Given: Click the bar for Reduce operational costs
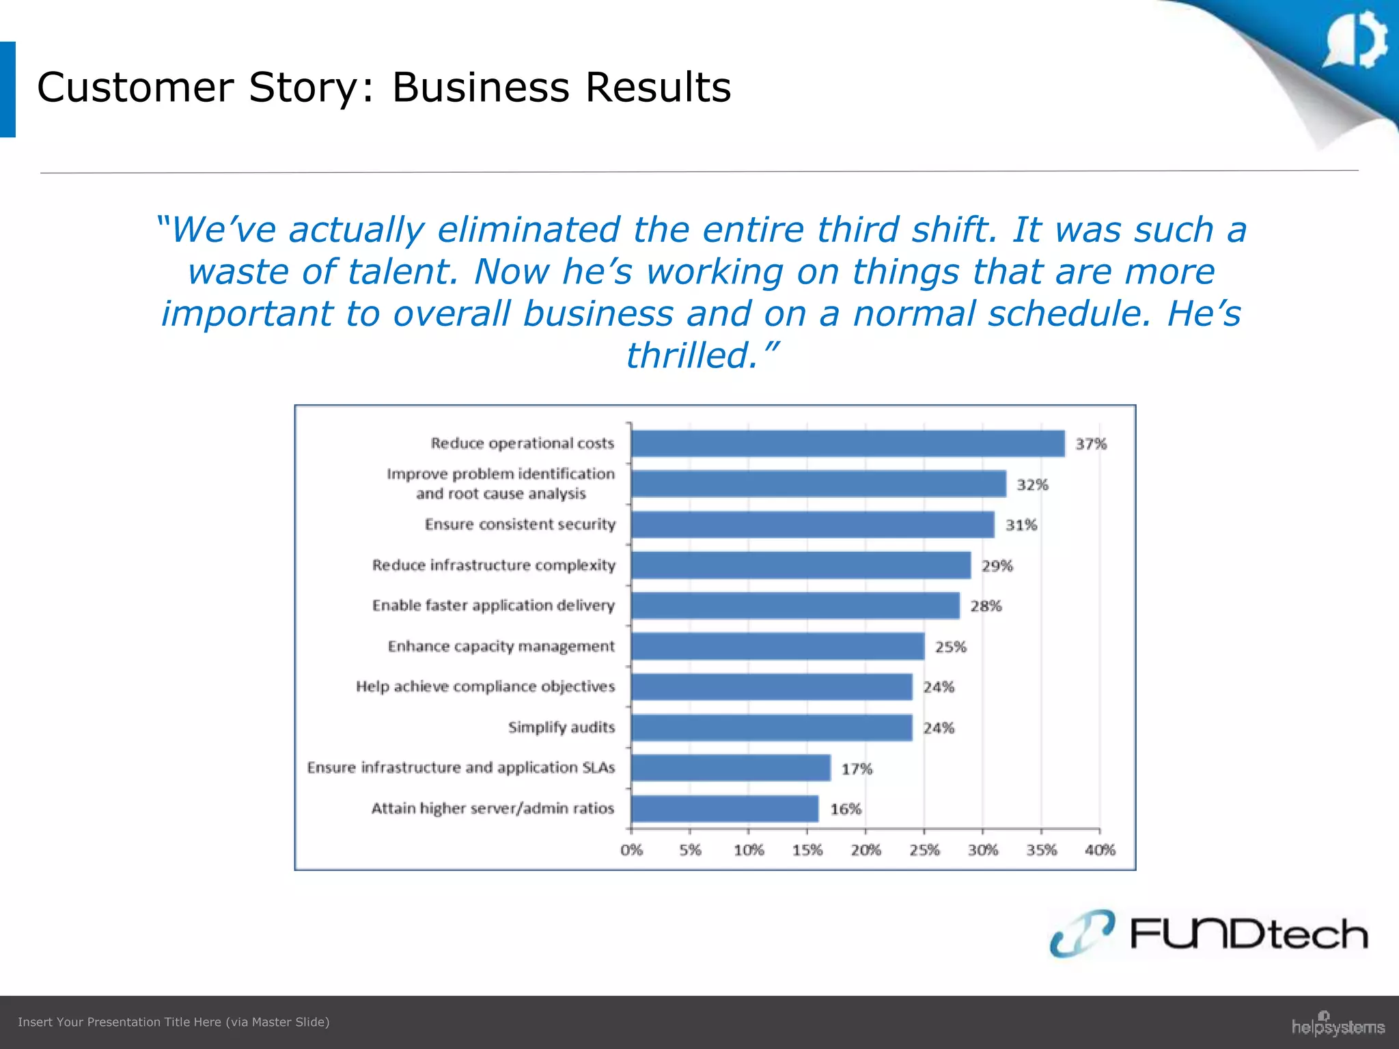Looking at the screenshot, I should coord(847,443).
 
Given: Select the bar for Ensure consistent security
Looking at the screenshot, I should coord(812,524).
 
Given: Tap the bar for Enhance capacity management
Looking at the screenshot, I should coord(777,646).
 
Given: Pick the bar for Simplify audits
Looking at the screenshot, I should coord(771,727).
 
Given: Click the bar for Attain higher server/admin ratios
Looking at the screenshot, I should coord(725,809).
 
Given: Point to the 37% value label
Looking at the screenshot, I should coord(1091,444).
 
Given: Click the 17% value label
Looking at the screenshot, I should coord(857,769).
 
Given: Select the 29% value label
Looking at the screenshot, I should coord(997,565).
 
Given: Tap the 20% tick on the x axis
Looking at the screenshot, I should coord(865,850).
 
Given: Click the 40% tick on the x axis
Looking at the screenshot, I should coord(1100,850).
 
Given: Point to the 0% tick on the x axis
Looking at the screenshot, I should coord(631,850).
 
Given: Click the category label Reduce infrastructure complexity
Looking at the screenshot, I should coord(493,565).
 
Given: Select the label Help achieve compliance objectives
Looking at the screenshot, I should coord(485,686).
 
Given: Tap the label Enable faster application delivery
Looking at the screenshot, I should coord(493,606).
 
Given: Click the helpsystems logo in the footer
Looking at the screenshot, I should coord(1338,1025).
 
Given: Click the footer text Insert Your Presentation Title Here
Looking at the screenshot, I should coord(174,1022).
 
